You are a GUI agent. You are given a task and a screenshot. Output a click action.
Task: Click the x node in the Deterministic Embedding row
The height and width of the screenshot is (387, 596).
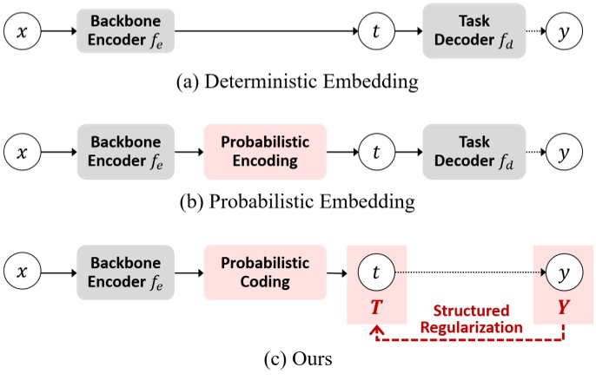coord(22,31)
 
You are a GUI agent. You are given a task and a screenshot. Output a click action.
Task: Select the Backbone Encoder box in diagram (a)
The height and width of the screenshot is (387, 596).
coord(125,30)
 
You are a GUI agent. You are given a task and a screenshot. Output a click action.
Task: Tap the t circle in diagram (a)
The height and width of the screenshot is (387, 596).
coord(376,31)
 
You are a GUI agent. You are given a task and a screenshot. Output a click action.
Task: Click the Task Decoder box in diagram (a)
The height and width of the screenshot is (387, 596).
coord(474,30)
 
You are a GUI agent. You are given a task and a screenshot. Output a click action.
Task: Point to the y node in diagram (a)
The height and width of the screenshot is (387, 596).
coord(564,31)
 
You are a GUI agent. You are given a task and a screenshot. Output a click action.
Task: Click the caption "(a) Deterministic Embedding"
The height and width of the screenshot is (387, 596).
coord(297,82)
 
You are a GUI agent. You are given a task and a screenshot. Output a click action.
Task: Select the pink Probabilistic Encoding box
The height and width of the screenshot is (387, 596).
coord(265,152)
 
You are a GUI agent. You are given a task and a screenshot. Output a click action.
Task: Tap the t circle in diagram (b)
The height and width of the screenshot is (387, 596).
coord(376,152)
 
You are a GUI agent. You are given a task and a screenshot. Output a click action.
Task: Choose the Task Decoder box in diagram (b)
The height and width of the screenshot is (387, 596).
coord(474,152)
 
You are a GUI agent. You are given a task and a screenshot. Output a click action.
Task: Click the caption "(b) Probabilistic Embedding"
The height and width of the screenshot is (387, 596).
coord(297,201)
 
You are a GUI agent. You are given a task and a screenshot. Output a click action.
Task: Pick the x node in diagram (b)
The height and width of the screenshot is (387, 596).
coord(22,152)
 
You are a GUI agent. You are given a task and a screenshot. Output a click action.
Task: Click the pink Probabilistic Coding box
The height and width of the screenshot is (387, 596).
coord(265,272)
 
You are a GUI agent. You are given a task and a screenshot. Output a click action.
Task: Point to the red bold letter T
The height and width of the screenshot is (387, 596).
coord(376,307)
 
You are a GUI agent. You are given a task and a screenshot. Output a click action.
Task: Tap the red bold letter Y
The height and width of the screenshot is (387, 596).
coord(564,307)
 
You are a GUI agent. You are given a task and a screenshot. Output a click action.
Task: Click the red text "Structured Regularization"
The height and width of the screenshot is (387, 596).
coord(471,319)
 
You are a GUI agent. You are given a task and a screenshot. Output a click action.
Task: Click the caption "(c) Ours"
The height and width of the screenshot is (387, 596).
coord(298,359)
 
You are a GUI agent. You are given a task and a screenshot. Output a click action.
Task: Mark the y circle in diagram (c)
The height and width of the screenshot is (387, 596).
coord(564,272)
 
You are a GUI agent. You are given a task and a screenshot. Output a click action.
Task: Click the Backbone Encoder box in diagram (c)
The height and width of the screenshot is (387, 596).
coord(125,272)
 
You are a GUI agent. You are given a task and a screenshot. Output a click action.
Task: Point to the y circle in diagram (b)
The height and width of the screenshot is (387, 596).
coord(564,152)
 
